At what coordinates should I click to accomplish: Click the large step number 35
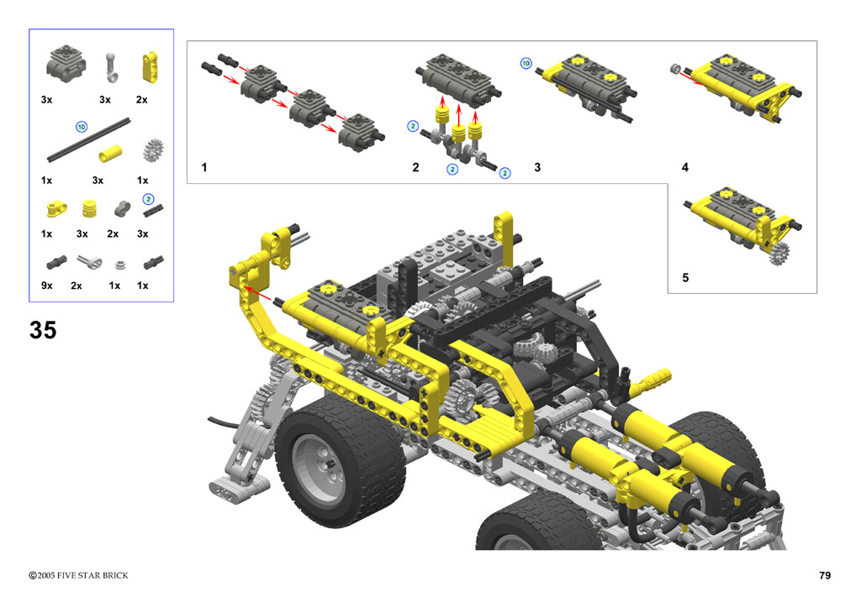pos(43,330)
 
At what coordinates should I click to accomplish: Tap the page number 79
pos(824,575)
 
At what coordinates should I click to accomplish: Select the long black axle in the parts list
pos(89,140)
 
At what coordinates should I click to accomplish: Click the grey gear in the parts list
pos(153,149)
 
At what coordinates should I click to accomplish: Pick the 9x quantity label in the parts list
pos(47,285)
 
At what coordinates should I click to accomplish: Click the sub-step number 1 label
pos(204,167)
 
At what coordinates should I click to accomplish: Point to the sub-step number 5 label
pos(685,277)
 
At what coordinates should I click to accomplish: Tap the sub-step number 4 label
pos(684,167)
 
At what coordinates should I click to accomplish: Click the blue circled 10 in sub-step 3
pos(526,63)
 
